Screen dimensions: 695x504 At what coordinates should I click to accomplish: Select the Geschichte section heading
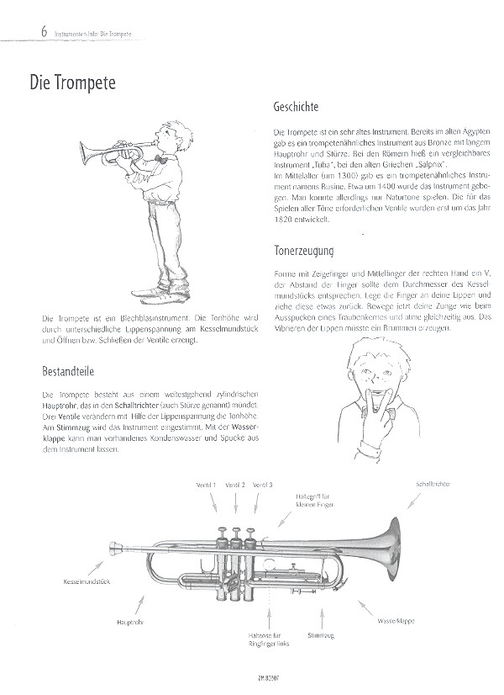(x=298, y=108)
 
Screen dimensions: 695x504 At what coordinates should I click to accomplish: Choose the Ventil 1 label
(x=207, y=485)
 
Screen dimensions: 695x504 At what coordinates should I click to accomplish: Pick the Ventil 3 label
(x=262, y=485)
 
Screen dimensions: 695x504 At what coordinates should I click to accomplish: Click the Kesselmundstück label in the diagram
(x=87, y=582)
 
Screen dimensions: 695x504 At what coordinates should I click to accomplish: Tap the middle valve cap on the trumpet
(x=237, y=533)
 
